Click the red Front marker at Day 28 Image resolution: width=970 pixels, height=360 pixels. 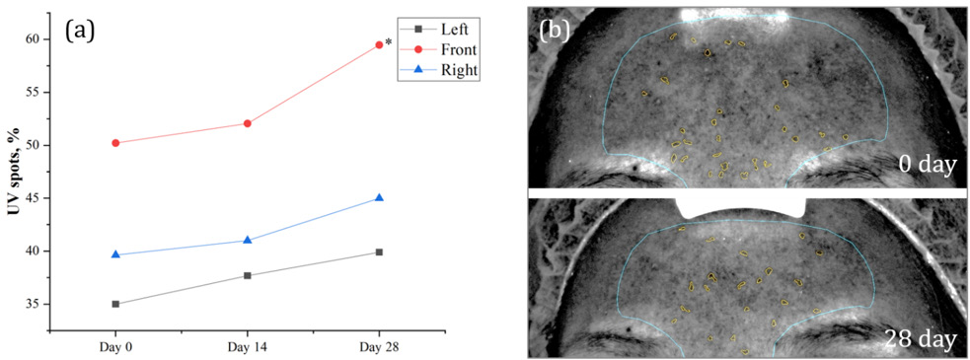coord(379,44)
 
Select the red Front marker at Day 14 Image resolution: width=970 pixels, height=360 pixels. coord(248,123)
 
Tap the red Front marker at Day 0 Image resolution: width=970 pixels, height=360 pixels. coord(115,143)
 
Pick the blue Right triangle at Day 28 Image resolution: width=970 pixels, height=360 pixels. coord(379,198)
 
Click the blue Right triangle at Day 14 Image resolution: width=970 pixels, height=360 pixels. coord(248,240)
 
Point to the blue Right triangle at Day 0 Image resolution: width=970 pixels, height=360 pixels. coord(115,254)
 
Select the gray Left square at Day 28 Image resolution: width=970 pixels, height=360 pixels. coord(379,252)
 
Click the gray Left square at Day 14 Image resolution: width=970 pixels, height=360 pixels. coord(248,275)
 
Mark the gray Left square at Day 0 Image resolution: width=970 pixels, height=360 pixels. coord(115,304)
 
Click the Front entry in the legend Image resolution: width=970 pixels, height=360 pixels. coord(441,50)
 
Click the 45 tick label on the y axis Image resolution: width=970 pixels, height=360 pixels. coord(31,198)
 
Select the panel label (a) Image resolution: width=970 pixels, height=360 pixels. coord(79,29)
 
